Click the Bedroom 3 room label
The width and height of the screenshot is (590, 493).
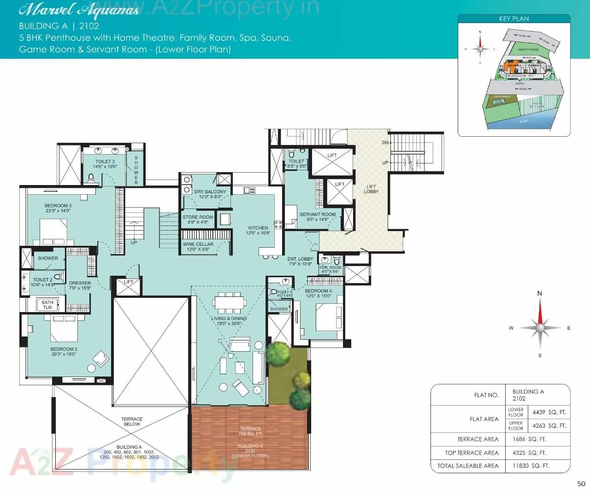[x=58, y=208]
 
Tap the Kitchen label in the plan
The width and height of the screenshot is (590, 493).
[x=258, y=230]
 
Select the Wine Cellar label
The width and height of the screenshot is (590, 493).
[x=198, y=247]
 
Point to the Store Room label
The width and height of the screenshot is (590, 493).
[x=198, y=220]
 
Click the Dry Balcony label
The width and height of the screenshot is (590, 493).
[x=210, y=194]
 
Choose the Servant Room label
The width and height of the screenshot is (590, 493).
[x=318, y=217]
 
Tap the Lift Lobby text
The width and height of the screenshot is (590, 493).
[x=371, y=189]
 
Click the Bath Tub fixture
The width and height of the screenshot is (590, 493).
[x=47, y=305]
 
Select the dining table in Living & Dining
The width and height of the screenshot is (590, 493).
[x=230, y=302]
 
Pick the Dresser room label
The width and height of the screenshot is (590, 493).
[x=80, y=285]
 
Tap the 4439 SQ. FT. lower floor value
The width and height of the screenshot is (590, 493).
[x=549, y=412]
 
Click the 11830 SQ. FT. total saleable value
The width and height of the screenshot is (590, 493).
[x=531, y=466]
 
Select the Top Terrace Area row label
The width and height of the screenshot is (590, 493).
[x=472, y=453]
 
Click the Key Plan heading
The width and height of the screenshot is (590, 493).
[x=514, y=19]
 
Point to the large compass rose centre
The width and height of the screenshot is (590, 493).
[x=540, y=328]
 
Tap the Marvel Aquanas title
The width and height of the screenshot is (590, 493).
[x=79, y=10]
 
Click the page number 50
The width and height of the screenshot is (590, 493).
[x=581, y=484]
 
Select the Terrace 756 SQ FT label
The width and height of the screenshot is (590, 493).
[x=250, y=431]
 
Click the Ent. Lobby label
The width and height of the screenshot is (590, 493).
[x=300, y=261]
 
